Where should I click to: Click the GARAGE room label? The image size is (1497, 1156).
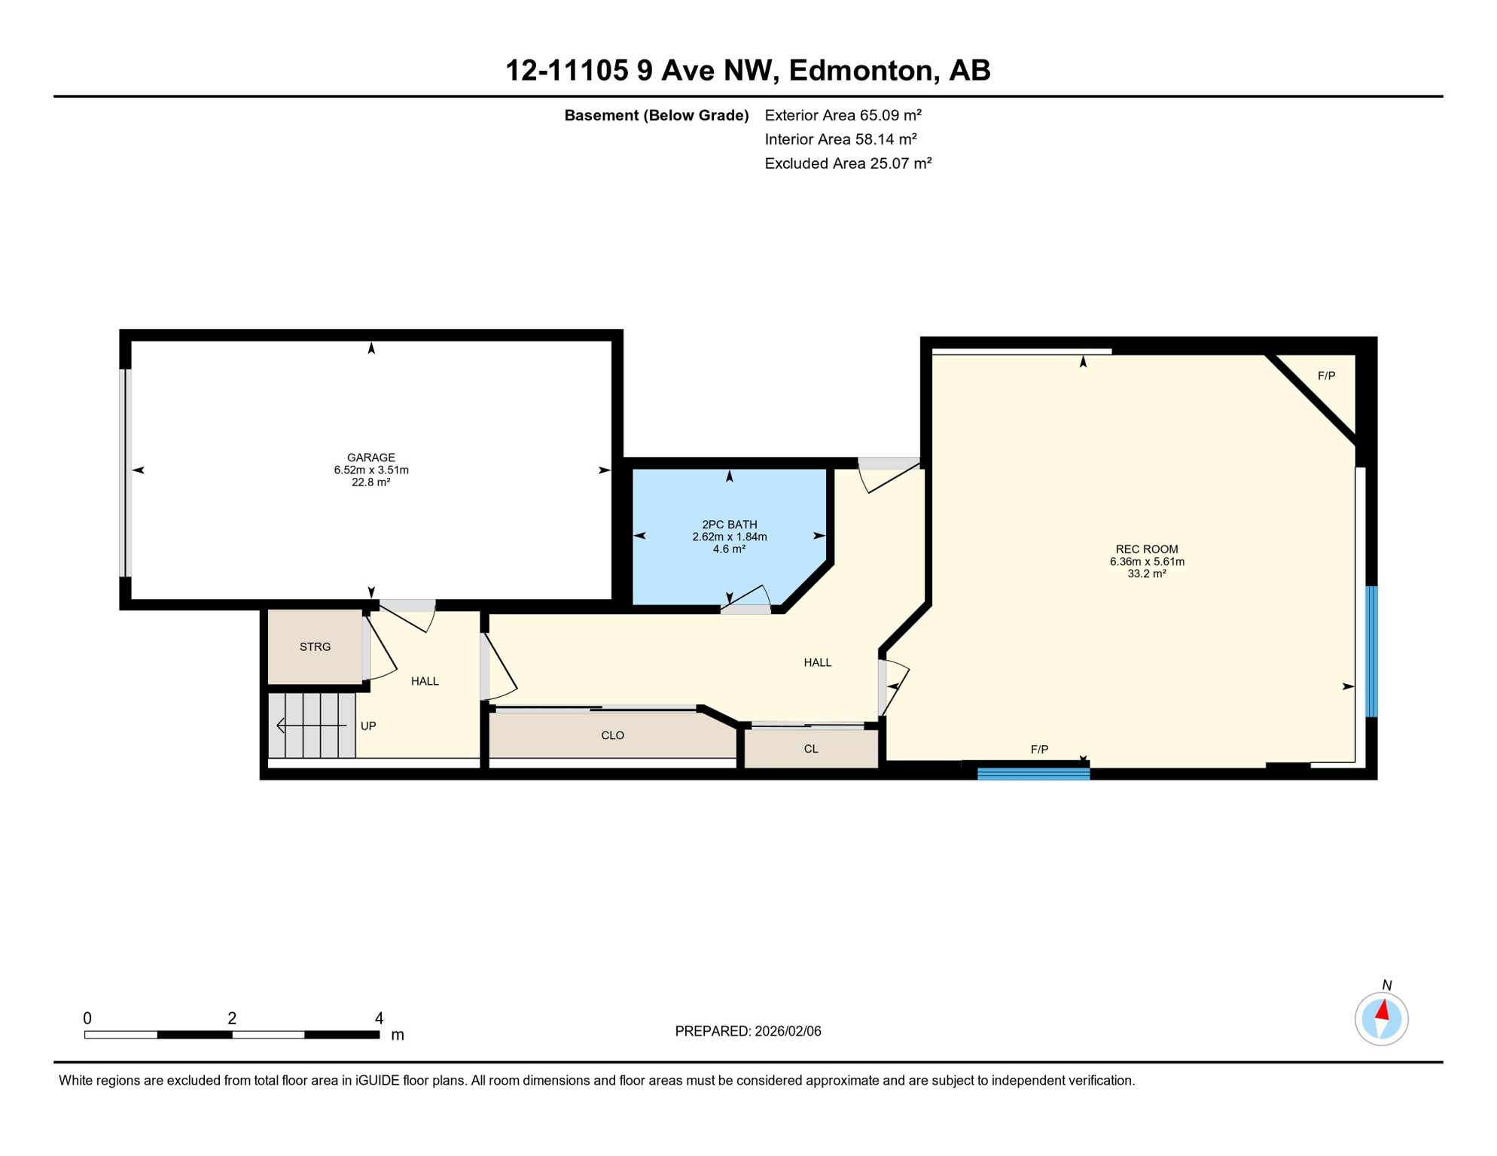pyautogui.click(x=370, y=458)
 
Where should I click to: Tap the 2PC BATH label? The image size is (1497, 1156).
pyautogui.click(x=729, y=525)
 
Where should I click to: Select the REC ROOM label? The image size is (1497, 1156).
pyautogui.click(x=1146, y=549)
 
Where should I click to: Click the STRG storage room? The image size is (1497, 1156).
pyautogui.click(x=315, y=646)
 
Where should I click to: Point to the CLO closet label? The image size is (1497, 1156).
pyautogui.click(x=612, y=735)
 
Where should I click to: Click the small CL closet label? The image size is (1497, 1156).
pyautogui.click(x=810, y=749)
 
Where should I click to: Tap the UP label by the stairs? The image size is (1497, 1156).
pyautogui.click(x=368, y=726)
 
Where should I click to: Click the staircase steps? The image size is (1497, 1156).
pyautogui.click(x=312, y=726)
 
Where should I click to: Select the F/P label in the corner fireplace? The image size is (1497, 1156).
pyautogui.click(x=1326, y=376)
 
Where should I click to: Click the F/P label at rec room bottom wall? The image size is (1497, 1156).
pyautogui.click(x=1039, y=749)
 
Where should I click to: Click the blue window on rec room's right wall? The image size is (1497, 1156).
pyautogui.click(x=1371, y=652)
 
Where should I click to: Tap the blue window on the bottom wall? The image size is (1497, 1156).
pyautogui.click(x=1033, y=774)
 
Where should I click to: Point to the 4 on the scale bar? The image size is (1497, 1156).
pyautogui.click(x=379, y=1018)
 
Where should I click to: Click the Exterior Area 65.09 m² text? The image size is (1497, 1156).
pyautogui.click(x=843, y=115)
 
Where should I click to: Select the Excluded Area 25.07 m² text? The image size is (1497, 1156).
pyautogui.click(x=848, y=163)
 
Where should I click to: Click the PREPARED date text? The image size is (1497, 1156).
pyautogui.click(x=748, y=1031)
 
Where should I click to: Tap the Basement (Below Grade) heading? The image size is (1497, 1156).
pyautogui.click(x=656, y=115)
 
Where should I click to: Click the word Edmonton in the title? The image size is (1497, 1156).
pyautogui.click(x=860, y=70)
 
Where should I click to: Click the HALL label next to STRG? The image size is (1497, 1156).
pyautogui.click(x=425, y=681)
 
